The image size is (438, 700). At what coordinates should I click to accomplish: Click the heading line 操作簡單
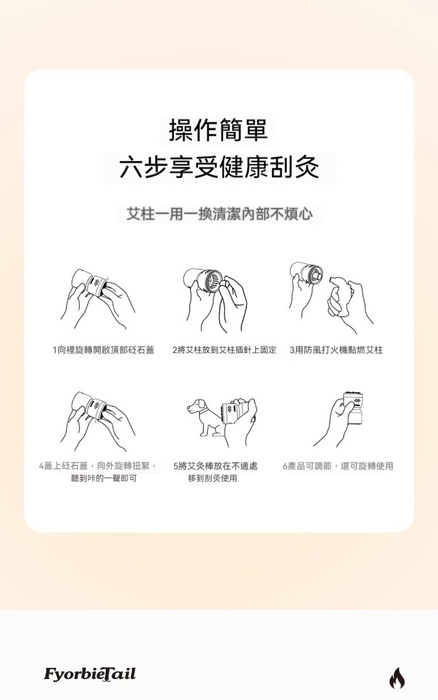(218, 130)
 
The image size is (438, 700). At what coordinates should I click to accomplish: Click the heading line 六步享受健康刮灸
(219, 167)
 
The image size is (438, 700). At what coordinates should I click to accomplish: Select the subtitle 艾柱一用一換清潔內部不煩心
(220, 215)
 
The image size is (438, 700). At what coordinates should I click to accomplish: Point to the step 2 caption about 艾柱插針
(224, 350)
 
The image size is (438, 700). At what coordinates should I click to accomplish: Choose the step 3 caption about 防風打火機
(336, 350)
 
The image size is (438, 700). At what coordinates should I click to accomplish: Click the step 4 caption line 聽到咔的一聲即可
(104, 478)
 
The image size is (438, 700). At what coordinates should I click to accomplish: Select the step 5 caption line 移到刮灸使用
(213, 478)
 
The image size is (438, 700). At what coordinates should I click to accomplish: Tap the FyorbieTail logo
(90, 674)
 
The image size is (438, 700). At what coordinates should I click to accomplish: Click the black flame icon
(397, 678)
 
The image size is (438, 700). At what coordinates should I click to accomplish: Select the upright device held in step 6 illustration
(353, 409)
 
